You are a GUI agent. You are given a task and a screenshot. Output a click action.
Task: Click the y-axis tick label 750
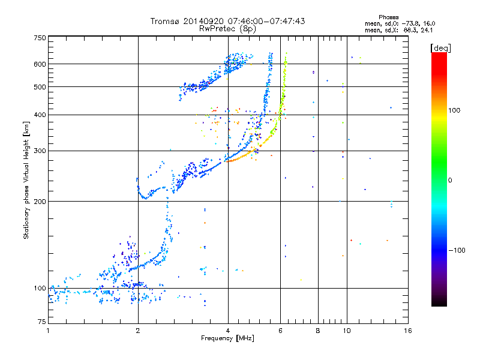click(x=40, y=38)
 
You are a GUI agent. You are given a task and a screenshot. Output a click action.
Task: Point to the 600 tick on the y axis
click(x=40, y=64)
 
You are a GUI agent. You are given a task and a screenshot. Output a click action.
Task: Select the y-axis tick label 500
click(x=40, y=87)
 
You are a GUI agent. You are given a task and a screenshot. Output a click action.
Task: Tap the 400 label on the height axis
click(x=40, y=115)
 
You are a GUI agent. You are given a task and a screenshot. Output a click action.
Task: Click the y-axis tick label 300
click(x=40, y=151)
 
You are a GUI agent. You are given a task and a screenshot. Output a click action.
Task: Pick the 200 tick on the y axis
click(x=40, y=202)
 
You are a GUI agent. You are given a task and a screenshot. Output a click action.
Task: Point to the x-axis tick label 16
click(x=407, y=331)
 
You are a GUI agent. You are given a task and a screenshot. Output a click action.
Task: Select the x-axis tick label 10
click(x=346, y=331)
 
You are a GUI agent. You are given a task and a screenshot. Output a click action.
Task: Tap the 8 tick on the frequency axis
click(x=318, y=331)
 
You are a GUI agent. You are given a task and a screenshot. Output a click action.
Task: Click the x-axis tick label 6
click(x=281, y=331)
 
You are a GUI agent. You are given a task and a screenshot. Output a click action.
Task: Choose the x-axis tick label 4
click(x=228, y=331)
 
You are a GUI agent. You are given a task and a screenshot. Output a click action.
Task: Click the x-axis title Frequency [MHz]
click(x=227, y=338)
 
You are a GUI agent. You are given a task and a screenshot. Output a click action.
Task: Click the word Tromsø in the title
click(x=164, y=21)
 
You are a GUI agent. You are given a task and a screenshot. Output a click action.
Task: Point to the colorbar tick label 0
click(x=450, y=180)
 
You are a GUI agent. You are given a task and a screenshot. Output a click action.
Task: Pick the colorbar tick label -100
click(x=456, y=250)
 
